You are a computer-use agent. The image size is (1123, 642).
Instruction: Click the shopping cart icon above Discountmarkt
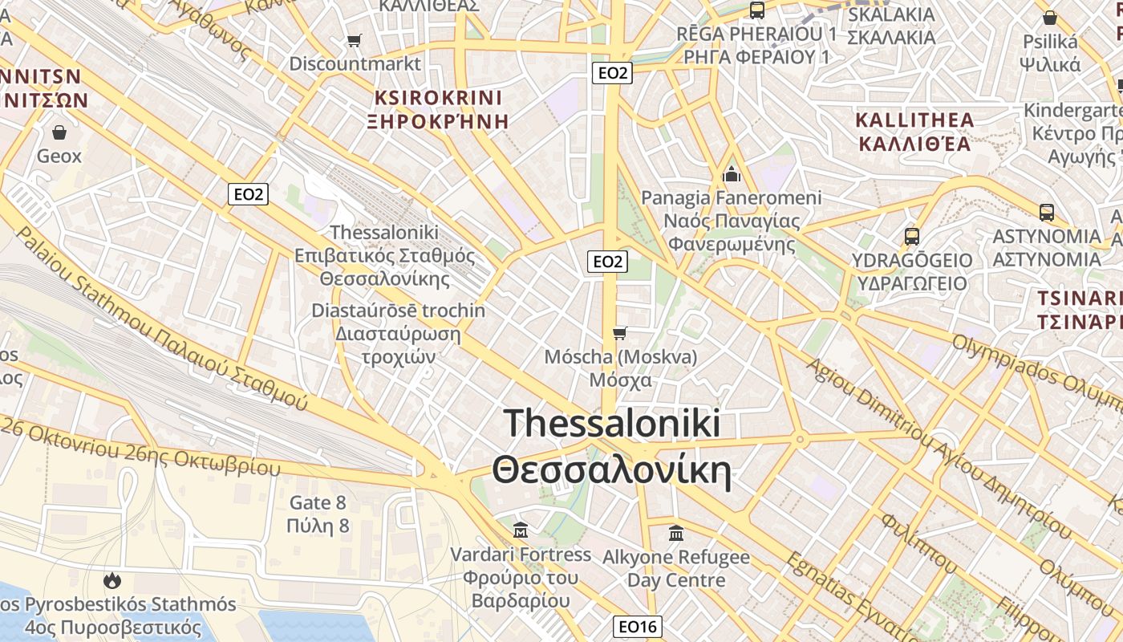pyautogui.click(x=354, y=40)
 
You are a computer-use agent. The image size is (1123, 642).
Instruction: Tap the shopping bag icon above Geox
pyautogui.click(x=59, y=132)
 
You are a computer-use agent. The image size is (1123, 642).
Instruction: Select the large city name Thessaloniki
pyautogui.click(x=612, y=424)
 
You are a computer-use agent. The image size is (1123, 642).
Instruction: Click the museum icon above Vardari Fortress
pyautogui.click(x=521, y=530)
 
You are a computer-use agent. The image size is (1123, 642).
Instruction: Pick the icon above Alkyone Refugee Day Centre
pyautogui.click(x=675, y=532)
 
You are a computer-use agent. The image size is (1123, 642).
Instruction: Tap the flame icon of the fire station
pyautogui.click(x=112, y=579)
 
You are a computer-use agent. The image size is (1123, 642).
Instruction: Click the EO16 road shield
pyautogui.click(x=638, y=626)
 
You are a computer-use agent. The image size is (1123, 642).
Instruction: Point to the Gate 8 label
pyautogui.click(x=318, y=503)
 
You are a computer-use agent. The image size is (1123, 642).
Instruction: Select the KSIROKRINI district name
pyautogui.click(x=438, y=98)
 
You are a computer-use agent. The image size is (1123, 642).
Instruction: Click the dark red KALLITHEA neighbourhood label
pyautogui.click(x=914, y=120)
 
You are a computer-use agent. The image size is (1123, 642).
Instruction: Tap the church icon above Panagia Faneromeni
pyautogui.click(x=731, y=173)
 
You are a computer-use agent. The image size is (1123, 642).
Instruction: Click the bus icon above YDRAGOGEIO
pyautogui.click(x=911, y=237)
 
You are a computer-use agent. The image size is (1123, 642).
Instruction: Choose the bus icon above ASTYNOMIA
pyautogui.click(x=1046, y=213)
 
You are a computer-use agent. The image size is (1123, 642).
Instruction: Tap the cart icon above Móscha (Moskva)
pyautogui.click(x=618, y=333)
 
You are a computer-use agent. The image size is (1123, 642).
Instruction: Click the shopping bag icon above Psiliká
pyautogui.click(x=1049, y=18)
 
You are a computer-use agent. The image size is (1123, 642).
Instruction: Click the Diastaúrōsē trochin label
pyautogui.click(x=398, y=311)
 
